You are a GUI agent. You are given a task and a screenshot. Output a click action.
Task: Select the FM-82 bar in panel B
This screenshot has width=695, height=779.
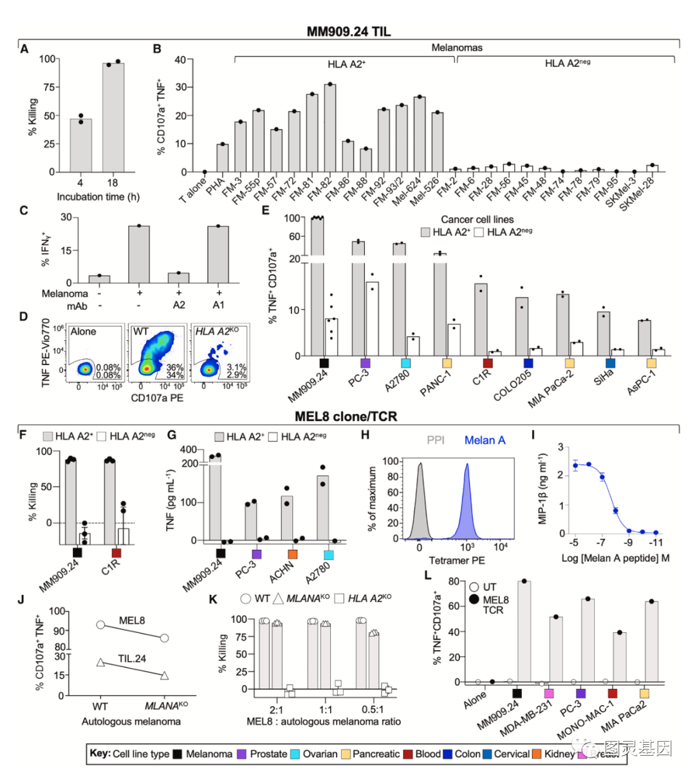[329, 129]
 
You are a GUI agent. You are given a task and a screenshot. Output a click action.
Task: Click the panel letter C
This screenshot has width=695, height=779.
[24, 211]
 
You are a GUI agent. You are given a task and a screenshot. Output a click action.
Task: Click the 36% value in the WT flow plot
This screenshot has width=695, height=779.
[175, 368]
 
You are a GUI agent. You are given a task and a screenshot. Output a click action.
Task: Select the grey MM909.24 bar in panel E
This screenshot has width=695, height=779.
[317, 286]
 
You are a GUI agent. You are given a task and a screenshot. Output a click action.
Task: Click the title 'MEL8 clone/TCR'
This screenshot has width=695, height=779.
[346, 417]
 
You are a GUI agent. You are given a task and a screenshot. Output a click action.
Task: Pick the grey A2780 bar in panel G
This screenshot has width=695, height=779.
[323, 508]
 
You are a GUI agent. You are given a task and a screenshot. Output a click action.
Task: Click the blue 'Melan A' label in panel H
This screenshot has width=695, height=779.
[485, 440]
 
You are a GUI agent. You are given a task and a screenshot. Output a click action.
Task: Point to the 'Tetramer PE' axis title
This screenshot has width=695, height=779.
[458, 561]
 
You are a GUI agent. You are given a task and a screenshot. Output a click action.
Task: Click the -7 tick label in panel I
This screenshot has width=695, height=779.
[602, 543]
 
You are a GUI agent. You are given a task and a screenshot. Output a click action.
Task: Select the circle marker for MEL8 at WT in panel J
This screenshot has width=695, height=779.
[100, 624]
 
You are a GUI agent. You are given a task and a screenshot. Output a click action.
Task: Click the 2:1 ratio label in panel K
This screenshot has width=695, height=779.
[276, 709]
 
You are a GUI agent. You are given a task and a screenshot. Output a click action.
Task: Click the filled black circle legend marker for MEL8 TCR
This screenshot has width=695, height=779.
[475, 600]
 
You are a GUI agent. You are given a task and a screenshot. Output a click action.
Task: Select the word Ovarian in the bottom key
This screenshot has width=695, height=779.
[320, 754]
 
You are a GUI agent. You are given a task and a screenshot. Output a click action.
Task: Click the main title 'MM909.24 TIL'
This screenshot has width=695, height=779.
[348, 32]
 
